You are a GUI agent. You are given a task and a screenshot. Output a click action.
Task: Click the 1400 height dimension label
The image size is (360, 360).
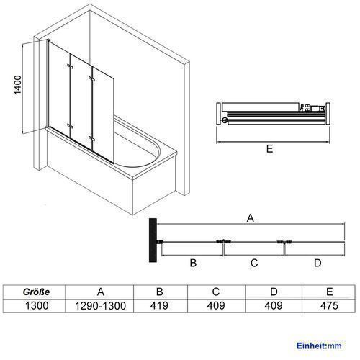point(18,85)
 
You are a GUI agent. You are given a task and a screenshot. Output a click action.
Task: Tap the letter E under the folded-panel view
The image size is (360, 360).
point(269,149)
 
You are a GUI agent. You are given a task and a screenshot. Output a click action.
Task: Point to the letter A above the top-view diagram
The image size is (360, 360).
point(251,218)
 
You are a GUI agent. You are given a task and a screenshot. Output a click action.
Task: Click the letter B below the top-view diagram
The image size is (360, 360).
point(193,263)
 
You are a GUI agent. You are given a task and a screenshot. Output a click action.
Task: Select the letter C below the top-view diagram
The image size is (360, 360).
point(254,263)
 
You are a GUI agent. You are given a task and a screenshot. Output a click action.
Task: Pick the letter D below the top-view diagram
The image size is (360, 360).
point(318,263)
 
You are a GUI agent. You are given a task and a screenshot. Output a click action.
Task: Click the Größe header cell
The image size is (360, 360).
point(37,292)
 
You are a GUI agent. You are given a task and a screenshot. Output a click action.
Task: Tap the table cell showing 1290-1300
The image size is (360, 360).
point(101,306)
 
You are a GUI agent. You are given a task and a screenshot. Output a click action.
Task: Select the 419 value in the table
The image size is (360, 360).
point(159,306)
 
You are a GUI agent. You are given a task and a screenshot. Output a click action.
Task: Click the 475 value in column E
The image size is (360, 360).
point(329,306)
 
